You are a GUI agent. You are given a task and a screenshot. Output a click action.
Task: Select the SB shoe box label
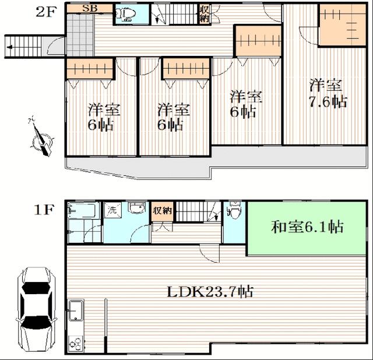pyautogui.click(x=89, y=9)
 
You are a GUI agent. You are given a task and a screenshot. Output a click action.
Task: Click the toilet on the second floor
pyautogui.click(x=125, y=15)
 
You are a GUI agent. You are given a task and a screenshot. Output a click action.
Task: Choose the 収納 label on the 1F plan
pyautogui.click(x=163, y=211)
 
